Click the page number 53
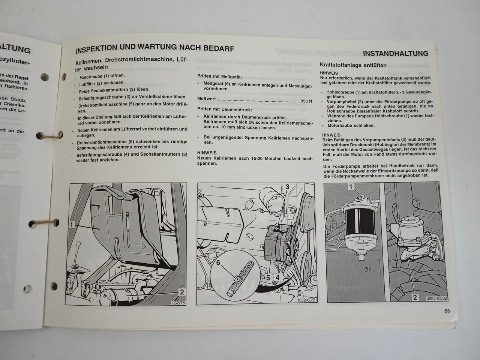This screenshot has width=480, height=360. pyautogui.click(x=447, y=311)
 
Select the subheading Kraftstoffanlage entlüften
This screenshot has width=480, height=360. pyautogui.click(x=353, y=65)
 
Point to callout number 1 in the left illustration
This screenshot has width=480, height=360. pyautogui.click(x=71, y=225)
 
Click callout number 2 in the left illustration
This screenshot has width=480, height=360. pyautogui.click(x=182, y=292)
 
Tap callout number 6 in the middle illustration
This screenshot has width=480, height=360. pyautogui.click(x=218, y=263)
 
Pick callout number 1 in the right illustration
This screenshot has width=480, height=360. pyautogui.click(x=351, y=186)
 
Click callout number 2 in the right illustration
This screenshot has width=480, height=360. pyautogui.click(x=415, y=297)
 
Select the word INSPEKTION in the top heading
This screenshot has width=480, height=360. pyautogui.click(x=94, y=49)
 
